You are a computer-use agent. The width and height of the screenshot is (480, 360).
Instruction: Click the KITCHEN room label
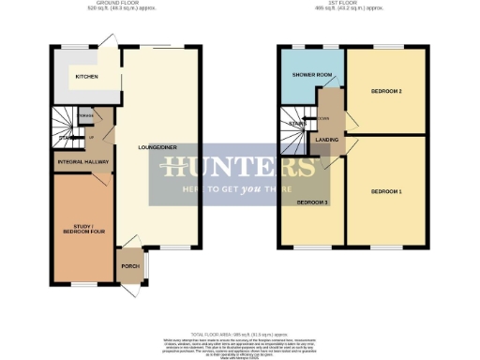click(87, 77)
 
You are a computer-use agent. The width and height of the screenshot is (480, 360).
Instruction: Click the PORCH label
click(129, 265)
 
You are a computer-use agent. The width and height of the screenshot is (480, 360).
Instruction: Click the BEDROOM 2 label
click(386, 91)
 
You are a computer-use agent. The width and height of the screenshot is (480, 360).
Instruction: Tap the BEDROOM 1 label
click(386, 191)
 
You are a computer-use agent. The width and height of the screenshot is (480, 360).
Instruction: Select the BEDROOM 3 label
click(312, 202)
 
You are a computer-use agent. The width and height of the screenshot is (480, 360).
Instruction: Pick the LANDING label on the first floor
click(327, 140)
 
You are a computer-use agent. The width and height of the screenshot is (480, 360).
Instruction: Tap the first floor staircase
click(296, 127)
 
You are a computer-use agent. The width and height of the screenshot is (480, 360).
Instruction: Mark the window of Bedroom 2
click(386, 47)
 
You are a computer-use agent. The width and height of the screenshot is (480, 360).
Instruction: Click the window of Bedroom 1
click(386, 247)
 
